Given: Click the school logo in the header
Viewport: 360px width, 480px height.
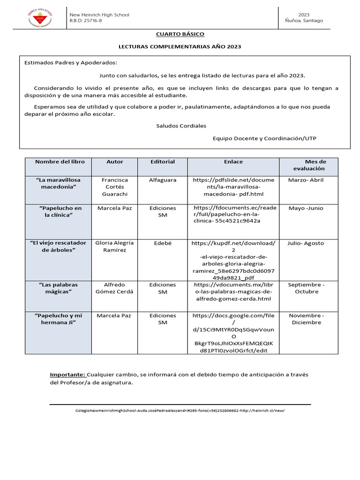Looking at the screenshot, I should (x=40, y=19).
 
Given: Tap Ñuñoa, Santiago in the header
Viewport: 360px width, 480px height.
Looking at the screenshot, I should (x=303, y=21).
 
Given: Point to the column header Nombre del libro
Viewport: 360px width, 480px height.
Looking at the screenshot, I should (x=60, y=162).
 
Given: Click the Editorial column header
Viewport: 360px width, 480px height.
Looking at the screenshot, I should (x=162, y=162).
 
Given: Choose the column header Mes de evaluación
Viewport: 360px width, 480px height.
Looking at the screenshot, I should (x=308, y=165).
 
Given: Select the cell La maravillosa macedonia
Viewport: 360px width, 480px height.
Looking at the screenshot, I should (x=58, y=183).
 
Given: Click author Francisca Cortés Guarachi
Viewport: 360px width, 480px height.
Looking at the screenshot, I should (x=115, y=187).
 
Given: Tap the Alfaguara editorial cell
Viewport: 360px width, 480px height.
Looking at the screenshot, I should (x=162, y=180).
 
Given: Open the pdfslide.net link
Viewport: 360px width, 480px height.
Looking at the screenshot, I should (x=233, y=187).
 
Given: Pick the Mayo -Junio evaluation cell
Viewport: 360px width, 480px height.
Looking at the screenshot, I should (x=306, y=208).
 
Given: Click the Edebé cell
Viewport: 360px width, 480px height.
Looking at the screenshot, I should (x=162, y=243).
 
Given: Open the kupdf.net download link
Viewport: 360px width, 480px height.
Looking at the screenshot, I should (x=233, y=260).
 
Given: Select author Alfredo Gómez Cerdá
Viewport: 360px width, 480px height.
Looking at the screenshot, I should (x=115, y=288).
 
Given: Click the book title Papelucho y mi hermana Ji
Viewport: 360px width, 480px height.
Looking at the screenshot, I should (x=58, y=319).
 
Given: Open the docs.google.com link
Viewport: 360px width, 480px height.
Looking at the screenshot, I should (x=233, y=333).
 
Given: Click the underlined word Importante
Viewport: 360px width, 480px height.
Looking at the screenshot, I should (x=67, y=375).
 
